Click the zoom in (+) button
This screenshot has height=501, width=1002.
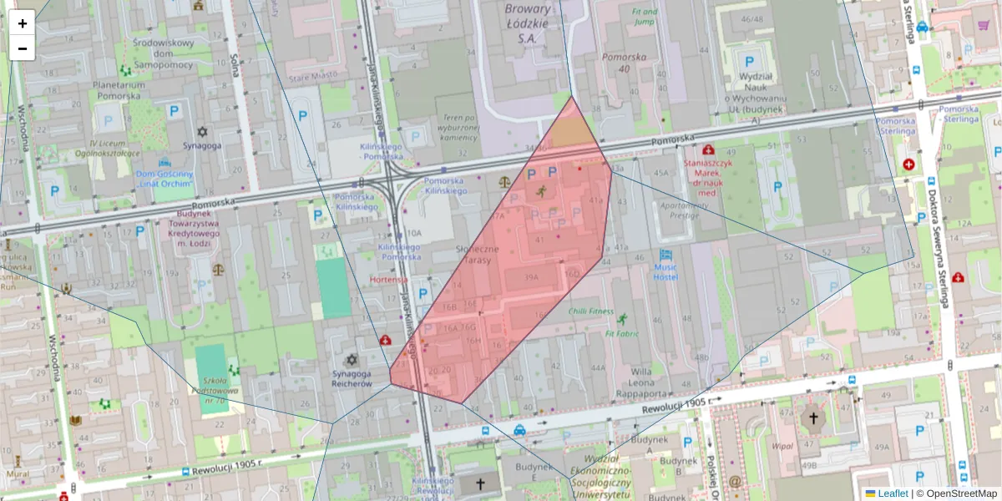[x=23, y=23]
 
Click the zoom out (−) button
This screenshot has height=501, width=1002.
[x=23, y=48]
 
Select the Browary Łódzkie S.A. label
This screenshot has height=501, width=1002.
[x=528, y=23]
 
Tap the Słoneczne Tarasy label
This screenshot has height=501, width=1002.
[x=478, y=255]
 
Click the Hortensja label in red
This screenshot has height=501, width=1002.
[x=388, y=280]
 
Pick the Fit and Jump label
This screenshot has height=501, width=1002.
[x=644, y=17]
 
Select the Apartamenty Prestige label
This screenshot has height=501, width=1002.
[x=678, y=209]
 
